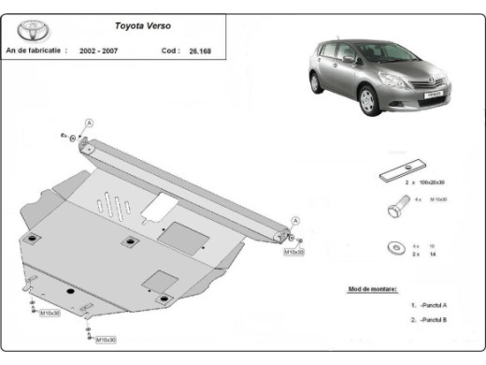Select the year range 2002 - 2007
pyautogui.click(x=99, y=51)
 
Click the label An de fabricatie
pyautogui.click(x=35, y=51)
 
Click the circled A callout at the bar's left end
pyautogui.click(x=89, y=124)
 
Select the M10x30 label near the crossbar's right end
pyautogui.click(x=294, y=252)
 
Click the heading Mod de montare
pyautogui.click(x=372, y=290)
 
